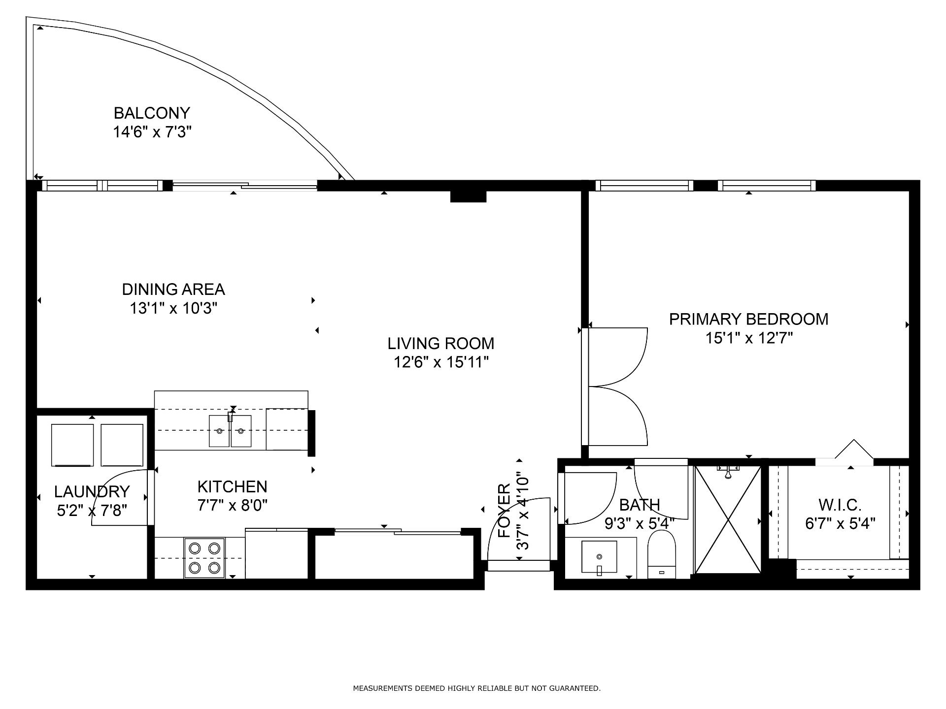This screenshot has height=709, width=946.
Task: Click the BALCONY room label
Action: coord(152,113)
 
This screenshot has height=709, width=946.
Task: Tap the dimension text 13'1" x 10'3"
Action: coord(173,309)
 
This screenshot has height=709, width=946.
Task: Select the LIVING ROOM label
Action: coord(441,343)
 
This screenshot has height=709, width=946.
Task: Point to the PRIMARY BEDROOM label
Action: coord(748,319)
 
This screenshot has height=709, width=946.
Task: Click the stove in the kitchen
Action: coord(204,558)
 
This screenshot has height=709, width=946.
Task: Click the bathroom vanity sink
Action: coord(599,557)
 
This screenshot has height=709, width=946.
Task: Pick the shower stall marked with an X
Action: coord(728,519)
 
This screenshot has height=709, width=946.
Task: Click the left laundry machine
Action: coord(72,445)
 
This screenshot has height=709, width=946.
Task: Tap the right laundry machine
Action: coord(122,445)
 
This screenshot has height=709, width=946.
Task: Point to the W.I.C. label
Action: coord(840,505)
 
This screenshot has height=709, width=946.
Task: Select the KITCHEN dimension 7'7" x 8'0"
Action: coord(233,506)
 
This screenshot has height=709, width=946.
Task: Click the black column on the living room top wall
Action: coord(468,196)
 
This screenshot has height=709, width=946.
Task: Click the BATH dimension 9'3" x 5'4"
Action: coord(640,523)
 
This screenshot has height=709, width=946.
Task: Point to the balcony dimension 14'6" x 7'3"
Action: coord(152,132)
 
